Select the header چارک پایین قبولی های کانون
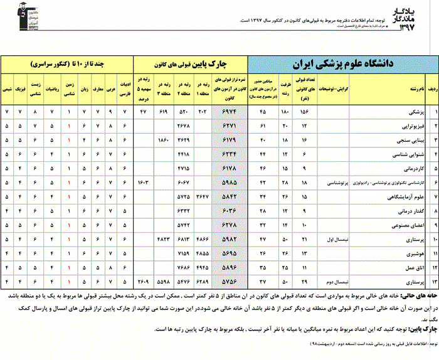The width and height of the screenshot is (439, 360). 192,64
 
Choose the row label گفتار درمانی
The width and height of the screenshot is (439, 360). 398,211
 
